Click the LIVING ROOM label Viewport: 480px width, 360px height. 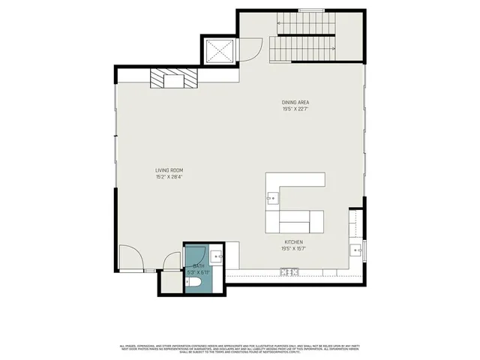(x=169, y=170)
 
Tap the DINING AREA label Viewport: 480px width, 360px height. (x=295, y=102)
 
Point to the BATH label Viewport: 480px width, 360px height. (x=198, y=266)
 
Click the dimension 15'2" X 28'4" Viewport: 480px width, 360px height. (x=169, y=178)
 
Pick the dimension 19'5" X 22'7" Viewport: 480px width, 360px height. (x=295, y=109)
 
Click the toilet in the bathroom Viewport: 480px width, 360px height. (x=194, y=284)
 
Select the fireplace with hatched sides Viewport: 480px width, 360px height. (x=175, y=79)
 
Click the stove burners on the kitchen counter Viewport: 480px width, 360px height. (x=289, y=271)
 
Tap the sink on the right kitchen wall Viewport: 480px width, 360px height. (x=357, y=250)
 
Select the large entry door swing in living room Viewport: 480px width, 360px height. (x=130, y=259)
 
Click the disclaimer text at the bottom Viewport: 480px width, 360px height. (x=240, y=348)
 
